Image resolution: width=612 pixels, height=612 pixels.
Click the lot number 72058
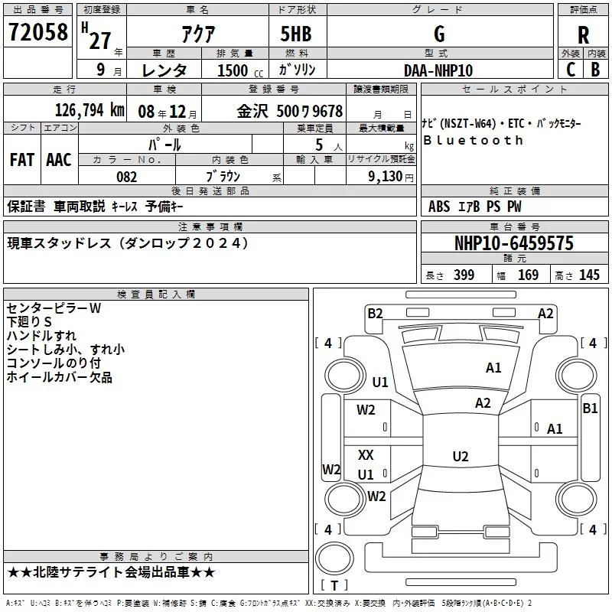coord(37,33)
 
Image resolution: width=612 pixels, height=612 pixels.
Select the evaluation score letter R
coord(583,35)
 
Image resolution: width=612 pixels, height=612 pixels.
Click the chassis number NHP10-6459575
coord(513,243)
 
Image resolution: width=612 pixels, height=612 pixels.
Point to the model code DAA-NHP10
coord(438,70)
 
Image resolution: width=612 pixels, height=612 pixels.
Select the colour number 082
coord(127,177)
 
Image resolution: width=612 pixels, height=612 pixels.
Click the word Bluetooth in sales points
coord(474,141)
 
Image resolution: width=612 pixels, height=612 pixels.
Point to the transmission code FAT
coord(21,160)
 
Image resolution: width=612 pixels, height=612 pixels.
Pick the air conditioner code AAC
coord(59,160)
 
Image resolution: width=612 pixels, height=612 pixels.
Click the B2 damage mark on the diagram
coord(375,313)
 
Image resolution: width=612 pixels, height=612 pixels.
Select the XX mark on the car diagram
coord(366,455)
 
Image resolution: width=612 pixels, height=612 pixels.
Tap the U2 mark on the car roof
coord(460,457)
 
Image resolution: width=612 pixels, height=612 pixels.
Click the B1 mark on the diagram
coord(590,409)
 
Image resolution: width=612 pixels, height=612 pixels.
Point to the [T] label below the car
coord(334,585)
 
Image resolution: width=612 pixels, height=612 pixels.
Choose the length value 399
coord(464,275)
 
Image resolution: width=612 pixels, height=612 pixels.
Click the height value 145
coord(589,275)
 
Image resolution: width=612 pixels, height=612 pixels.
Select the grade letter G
coord(438,35)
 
